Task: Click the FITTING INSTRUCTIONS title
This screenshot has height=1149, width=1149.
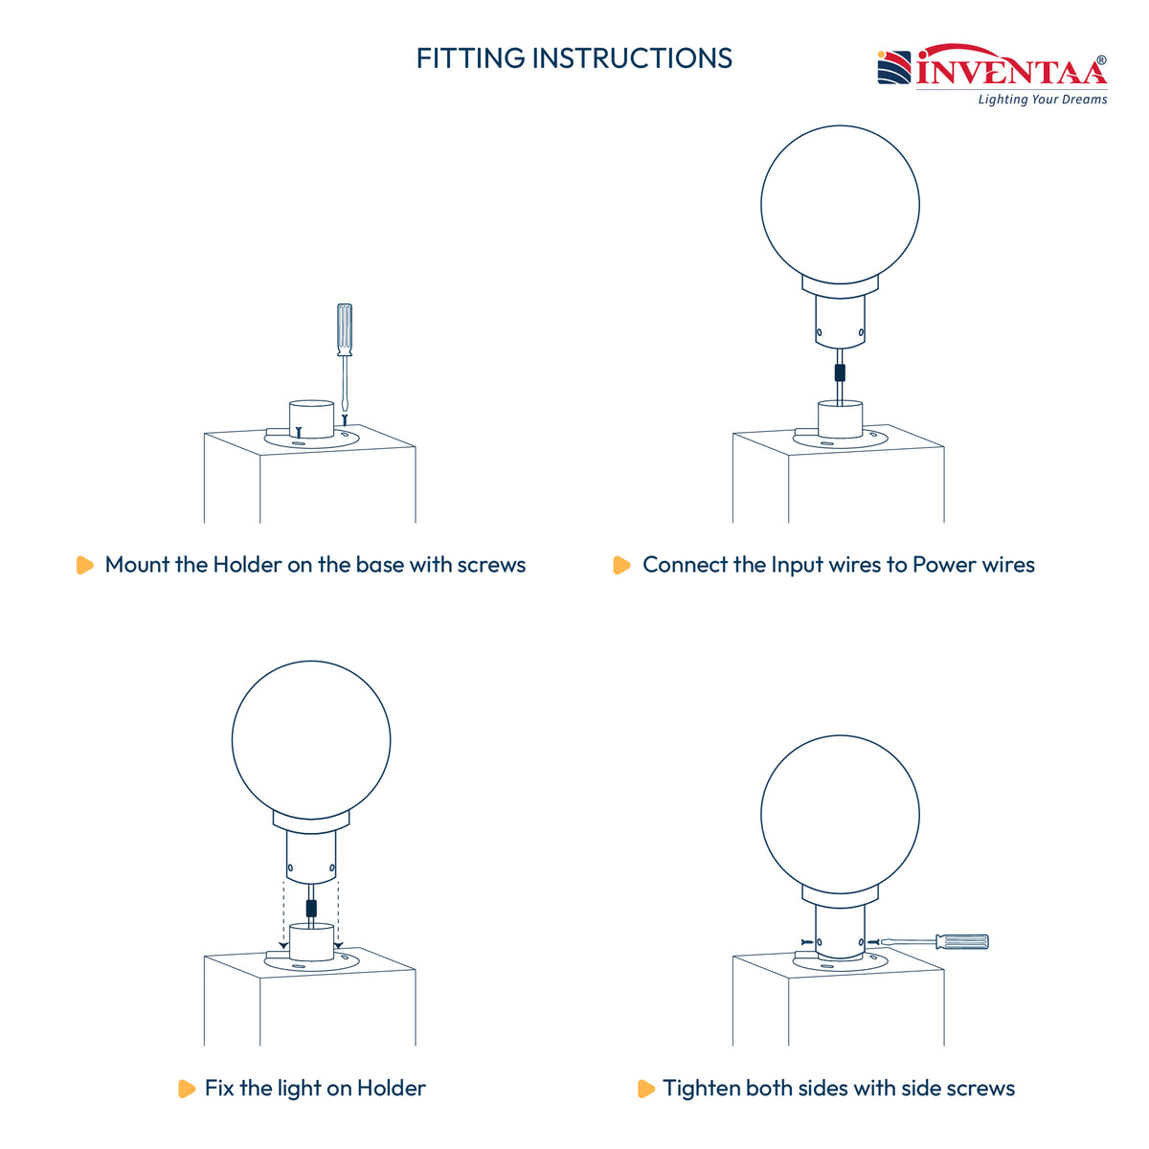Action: pyautogui.click(x=574, y=58)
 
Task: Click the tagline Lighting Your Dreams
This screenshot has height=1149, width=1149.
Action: pyautogui.click(x=1043, y=100)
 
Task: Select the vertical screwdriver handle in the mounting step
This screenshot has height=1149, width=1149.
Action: pyautogui.click(x=344, y=329)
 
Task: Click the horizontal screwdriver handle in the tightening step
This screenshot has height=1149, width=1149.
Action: pyautogui.click(x=961, y=941)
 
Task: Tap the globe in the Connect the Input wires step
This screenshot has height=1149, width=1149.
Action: pyautogui.click(x=840, y=205)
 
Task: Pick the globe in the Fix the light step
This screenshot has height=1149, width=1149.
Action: pyautogui.click(x=310, y=740)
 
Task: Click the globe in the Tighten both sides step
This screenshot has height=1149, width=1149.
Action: pyautogui.click(x=840, y=815)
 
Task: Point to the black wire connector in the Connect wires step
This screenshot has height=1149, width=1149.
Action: pyautogui.click(x=840, y=372)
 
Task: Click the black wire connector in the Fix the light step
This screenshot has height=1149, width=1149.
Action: pyautogui.click(x=310, y=909)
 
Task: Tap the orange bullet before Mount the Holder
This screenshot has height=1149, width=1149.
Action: pyautogui.click(x=84, y=565)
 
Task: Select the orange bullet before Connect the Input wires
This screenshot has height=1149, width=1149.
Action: pyautogui.click(x=621, y=565)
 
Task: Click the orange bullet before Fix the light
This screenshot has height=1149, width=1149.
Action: pyautogui.click(x=187, y=1088)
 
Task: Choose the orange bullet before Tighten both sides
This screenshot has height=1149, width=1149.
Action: pyautogui.click(x=645, y=1088)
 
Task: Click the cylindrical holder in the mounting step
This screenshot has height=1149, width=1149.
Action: pyautogui.click(x=311, y=419)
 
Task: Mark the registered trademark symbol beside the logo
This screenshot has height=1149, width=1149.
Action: pyautogui.click(x=1101, y=60)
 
